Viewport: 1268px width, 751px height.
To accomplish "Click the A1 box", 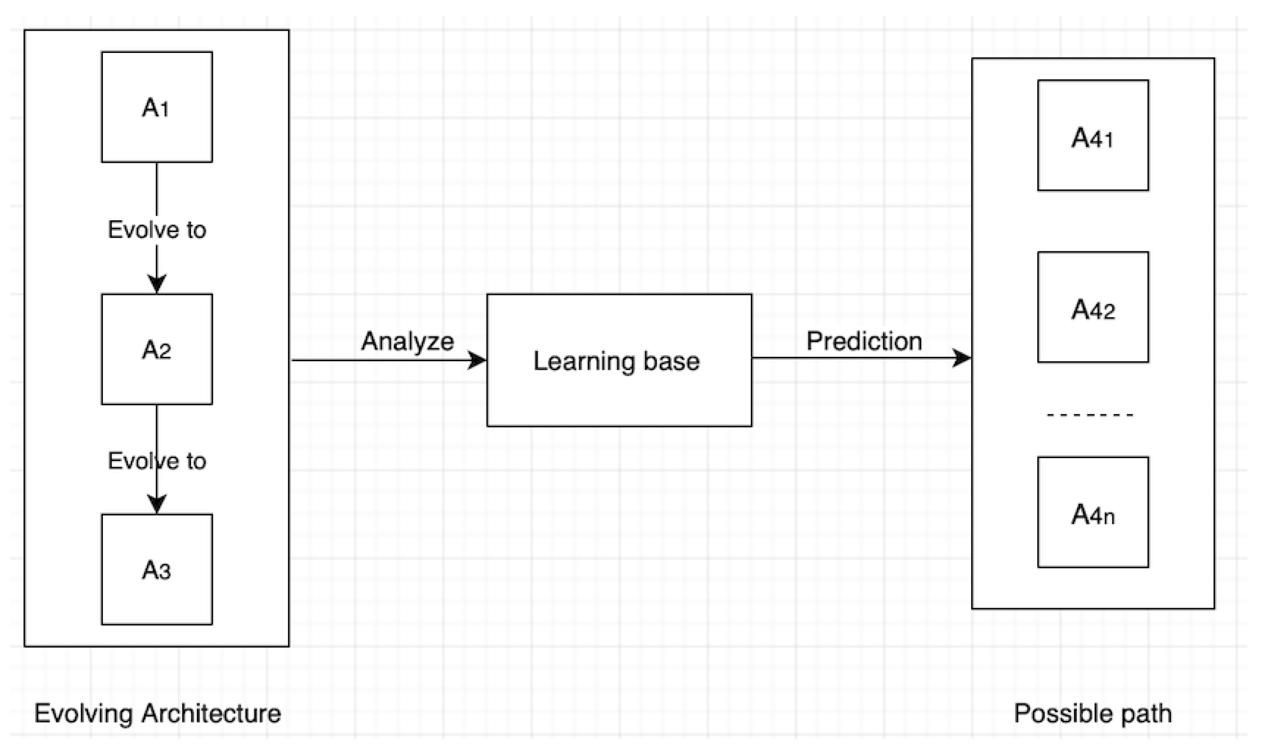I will (x=156, y=107).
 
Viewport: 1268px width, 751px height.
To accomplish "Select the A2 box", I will (x=156, y=349).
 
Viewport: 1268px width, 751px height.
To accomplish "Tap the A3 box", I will (x=156, y=569).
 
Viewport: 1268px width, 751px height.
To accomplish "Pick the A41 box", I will (x=1092, y=136).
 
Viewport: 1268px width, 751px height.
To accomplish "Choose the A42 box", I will (x=1092, y=307).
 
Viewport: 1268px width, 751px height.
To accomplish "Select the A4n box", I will (x=1092, y=512).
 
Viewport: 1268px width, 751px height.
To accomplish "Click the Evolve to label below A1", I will (x=157, y=230).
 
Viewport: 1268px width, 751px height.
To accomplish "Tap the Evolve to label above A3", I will (x=157, y=461).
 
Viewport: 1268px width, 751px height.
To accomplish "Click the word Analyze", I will (x=407, y=341).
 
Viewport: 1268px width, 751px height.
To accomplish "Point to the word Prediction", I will (x=864, y=341).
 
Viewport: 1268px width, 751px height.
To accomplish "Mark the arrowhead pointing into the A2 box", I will (x=156, y=284).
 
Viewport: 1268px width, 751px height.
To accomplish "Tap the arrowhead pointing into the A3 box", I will (x=156, y=504).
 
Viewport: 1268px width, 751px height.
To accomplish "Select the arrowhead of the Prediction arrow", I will (x=962, y=358).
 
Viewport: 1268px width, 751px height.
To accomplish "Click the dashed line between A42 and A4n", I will (x=1090, y=415).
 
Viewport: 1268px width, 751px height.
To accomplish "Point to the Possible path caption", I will (x=1092, y=713).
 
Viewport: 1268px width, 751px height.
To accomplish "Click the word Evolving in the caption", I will (x=83, y=713).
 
